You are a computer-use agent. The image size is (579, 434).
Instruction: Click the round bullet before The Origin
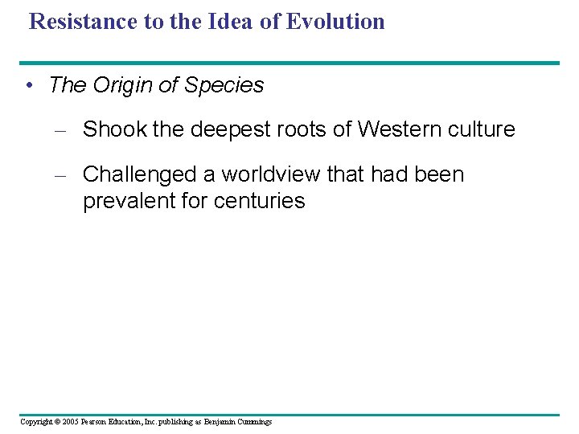29,85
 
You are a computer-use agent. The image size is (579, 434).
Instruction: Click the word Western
397,129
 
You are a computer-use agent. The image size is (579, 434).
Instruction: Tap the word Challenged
141,174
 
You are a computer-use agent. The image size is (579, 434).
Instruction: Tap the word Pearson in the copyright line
94,422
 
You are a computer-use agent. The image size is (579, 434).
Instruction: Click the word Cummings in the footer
254,422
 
